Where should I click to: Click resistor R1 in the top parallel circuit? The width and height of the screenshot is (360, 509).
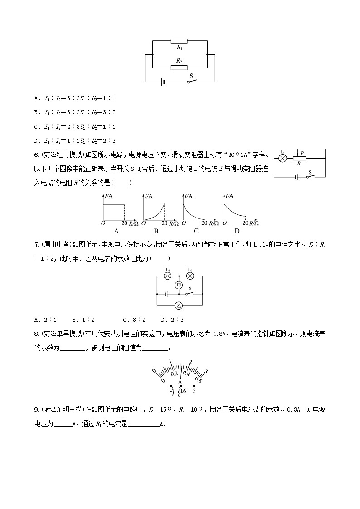[179, 40]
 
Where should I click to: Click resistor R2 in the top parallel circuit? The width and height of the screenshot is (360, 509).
[179, 68]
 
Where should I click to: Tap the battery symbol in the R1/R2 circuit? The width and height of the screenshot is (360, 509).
[162, 82]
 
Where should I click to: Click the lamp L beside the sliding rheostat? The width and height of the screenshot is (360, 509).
[282, 158]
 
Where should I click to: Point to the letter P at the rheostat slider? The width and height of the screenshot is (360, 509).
[302, 154]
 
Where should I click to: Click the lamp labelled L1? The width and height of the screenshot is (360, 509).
[168, 276]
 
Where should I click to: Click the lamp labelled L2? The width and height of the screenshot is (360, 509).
[190, 276]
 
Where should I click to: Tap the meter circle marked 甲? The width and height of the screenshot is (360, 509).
[179, 285]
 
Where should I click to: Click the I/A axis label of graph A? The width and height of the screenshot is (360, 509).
[109, 196]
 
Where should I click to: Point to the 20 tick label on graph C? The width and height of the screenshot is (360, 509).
[204, 223]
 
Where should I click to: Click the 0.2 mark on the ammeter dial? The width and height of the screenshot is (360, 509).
[174, 374]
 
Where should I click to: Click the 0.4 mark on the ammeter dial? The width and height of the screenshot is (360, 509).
[186, 374]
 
